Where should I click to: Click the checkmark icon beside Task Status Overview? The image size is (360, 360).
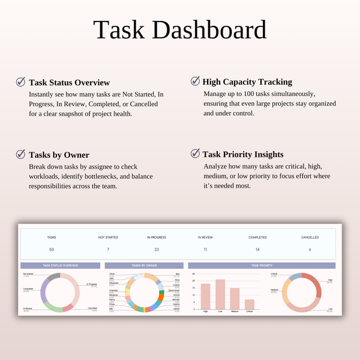pos(21,82)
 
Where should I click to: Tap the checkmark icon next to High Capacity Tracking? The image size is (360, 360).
pos(195,82)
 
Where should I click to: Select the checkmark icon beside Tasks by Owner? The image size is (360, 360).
pos(21,154)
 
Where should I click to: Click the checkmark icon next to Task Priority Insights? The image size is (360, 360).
pos(195,154)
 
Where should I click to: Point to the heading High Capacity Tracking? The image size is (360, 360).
pos(247,82)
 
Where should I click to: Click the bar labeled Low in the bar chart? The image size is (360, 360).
pos(220,294)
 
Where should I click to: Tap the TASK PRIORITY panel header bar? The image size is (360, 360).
pos(263,265)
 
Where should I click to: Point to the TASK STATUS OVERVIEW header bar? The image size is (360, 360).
pos(61,265)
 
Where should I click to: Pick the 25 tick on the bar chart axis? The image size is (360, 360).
pos(193,274)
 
